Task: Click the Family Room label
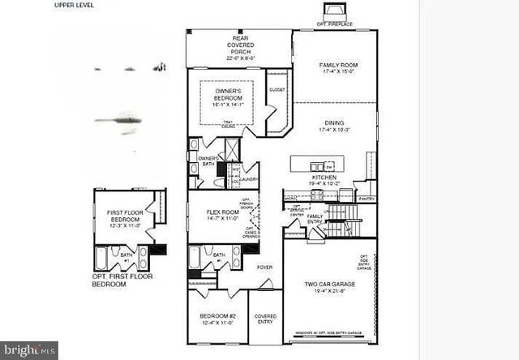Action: (338, 68)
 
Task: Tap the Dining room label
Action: (336, 124)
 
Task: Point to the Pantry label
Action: (367, 198)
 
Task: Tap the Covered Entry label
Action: (265, 318)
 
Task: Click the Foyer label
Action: (264, 267)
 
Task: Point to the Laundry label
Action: (238, 179)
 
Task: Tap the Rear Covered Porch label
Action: (239, 49)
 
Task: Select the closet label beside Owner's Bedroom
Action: (277, 89)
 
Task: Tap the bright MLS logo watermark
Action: (29, 349)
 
